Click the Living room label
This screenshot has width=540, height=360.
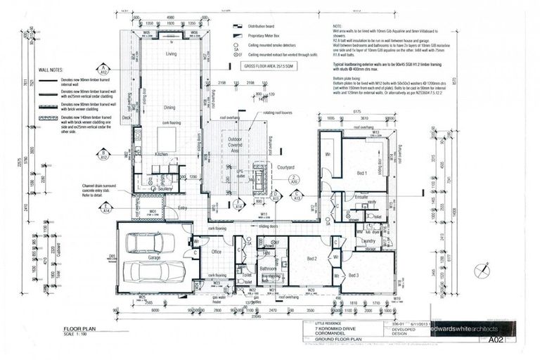(x=171, y=53)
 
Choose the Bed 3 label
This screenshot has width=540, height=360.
(x=354, y=275)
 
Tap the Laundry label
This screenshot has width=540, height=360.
(x=366, y=240)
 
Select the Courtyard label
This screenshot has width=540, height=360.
(x=284, y=167)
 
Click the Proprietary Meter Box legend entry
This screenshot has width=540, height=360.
(x=266, y=34)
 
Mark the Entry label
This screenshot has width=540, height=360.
(x=183, y=207)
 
